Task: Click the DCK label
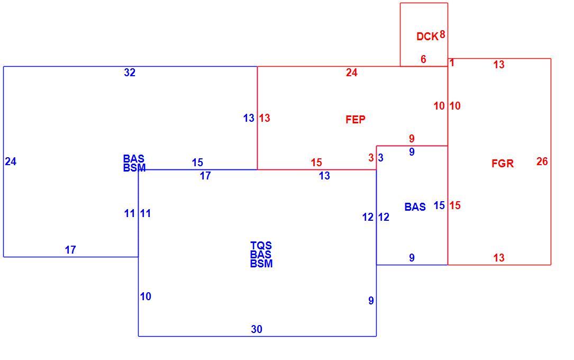[x=427, y=36]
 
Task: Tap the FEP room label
[x=356, y=120]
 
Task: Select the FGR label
[x=503, y=164]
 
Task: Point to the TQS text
[x=261, y=245]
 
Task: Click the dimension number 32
[x=130, y=73]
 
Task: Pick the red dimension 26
[x=542, y=161]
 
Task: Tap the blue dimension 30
[x=257, y=329]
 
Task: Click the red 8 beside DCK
[x=443, y=34]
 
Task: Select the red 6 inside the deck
[x=424, y=59]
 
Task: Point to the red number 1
[x=452, y=63]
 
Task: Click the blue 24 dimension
[x=11, y=161]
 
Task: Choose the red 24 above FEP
[x=351, y=73]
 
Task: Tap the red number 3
[x=371, y=157]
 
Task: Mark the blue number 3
[x=381, y=157]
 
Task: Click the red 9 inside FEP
[x=412, y=138]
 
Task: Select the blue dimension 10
[x=145, y=296]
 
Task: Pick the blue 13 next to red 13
[x=249, y=118]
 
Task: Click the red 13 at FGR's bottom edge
[x=498, y=258]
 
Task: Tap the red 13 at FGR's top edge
[x=498, y=65]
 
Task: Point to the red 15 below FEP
[x=316, y=162]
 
